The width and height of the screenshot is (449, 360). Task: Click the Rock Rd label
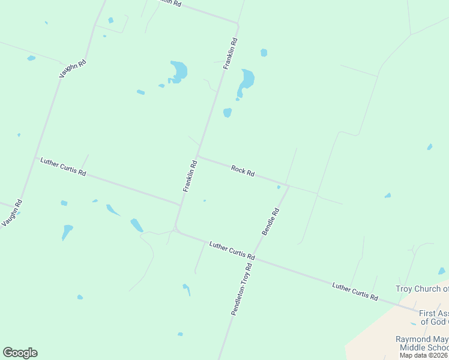pos(243,172)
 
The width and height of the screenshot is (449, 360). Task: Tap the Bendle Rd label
pos(270,221)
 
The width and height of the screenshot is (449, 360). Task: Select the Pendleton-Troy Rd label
pos(241,289)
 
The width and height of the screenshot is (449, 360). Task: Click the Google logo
pos(20,353)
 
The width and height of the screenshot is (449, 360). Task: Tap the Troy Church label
pos(422,289)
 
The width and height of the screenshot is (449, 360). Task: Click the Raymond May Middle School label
pos(422,343)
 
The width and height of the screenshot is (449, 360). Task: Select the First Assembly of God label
pos(433,317)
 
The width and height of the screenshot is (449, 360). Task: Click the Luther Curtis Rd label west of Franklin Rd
pos(63,167)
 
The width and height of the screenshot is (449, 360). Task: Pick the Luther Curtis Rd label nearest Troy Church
pos(355,292)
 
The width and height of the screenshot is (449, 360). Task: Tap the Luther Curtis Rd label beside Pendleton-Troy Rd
pos(232,250)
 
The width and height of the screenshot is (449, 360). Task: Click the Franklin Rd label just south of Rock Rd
pos(190,176)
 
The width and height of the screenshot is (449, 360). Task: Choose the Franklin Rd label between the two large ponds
pos(231,54)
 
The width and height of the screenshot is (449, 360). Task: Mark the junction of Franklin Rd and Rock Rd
pos(198,157)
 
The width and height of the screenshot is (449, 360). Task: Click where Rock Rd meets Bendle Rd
pos(289,186)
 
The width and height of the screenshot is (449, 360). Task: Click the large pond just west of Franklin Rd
pos(178,71)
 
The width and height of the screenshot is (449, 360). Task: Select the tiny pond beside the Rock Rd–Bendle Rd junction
pos(279,187)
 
